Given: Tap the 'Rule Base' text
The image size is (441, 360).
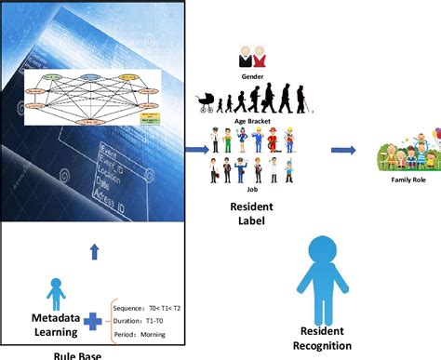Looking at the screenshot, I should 79,353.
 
